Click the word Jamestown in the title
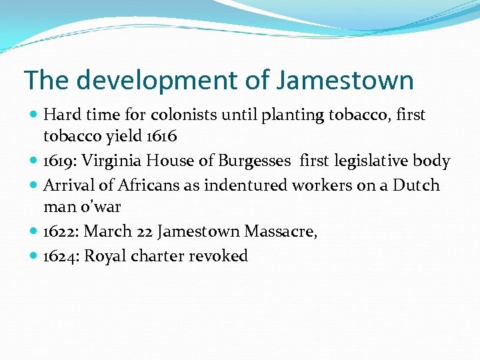345,81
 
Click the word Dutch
417,185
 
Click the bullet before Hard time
34,115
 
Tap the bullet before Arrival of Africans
34,185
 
